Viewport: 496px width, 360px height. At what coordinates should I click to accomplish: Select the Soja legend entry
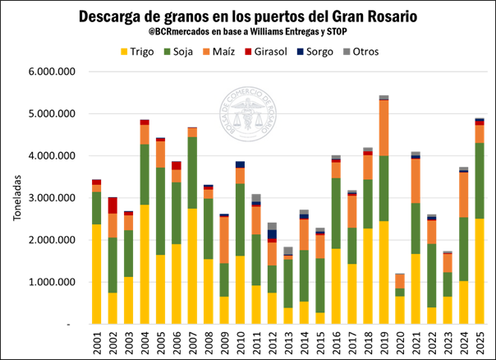(191, 52)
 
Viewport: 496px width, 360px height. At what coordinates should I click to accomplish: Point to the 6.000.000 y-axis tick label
(52, 72)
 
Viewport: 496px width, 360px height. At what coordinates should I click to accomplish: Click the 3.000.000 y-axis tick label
(52, 198)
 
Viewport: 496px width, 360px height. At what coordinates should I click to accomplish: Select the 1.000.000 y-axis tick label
(52, 282)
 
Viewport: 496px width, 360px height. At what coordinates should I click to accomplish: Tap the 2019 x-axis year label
(384, 341)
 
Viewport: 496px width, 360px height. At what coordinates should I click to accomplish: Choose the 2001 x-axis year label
(97, 341)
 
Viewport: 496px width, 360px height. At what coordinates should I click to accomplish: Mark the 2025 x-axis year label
(480, 341)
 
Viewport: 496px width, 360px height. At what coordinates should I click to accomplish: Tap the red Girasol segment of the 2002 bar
(113, 205)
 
